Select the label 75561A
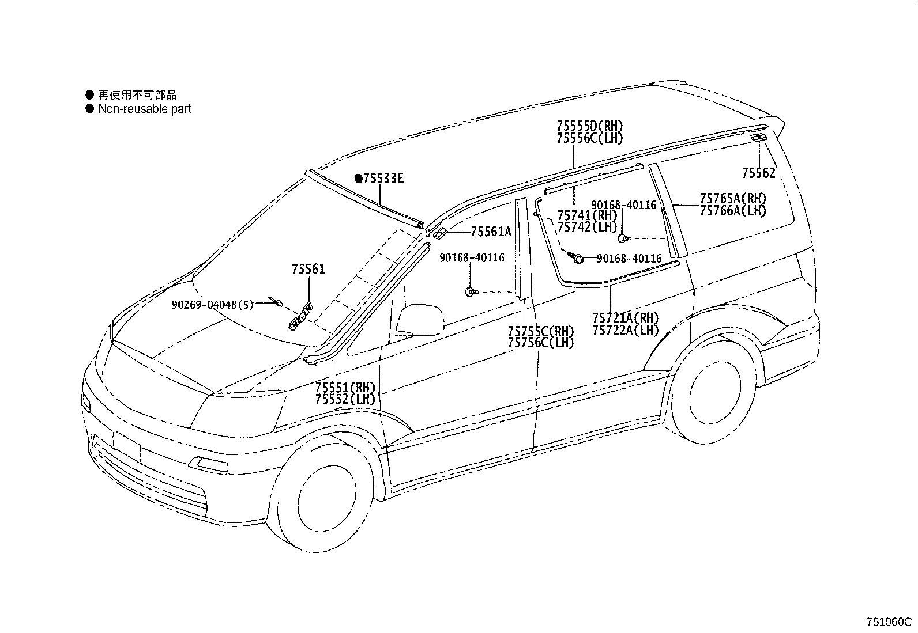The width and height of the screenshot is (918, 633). (x=491, y=232)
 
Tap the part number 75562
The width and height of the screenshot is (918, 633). (x=758, y=173)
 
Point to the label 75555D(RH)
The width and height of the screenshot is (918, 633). (x=590, y=126)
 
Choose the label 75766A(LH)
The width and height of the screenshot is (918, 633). (x=733, y=211)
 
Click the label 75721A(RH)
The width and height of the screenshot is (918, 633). (x=625, y=318)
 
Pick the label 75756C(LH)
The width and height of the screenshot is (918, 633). (x=541, y=343)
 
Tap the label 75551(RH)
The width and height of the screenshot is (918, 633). (x=345, y=387)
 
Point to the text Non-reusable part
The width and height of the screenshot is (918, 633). (x=144, y=109)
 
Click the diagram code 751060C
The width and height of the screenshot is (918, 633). (x=887, y=622)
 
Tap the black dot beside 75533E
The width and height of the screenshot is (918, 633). (x=359, y=179)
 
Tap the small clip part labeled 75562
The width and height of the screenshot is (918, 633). (x=758, y=137)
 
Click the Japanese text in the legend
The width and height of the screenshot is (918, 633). (x=137, y=95)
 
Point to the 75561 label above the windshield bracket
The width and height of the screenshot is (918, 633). (x=308, y=269)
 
